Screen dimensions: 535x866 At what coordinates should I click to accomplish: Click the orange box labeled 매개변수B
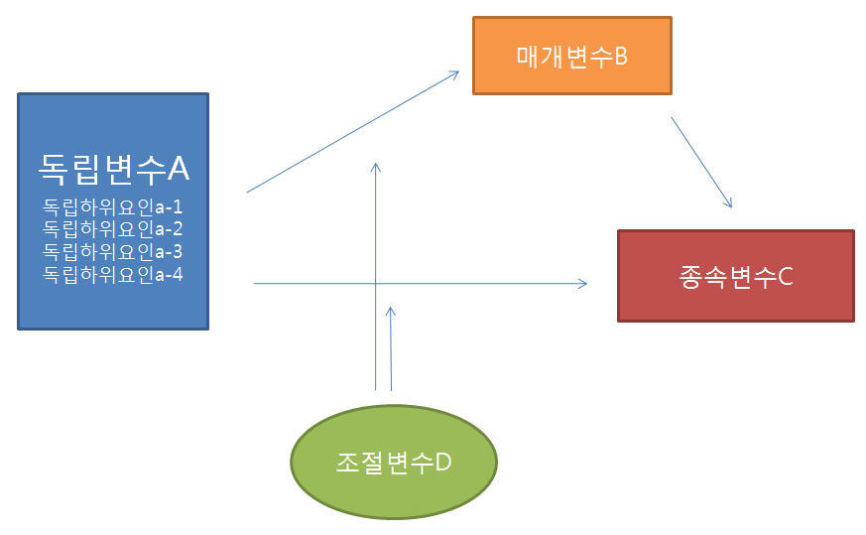point(572,56)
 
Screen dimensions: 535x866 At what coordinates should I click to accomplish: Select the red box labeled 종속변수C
point(735,276)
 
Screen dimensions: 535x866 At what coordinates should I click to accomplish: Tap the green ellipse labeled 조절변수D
point(393,463)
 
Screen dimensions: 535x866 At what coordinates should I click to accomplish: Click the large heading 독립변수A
point(113,169)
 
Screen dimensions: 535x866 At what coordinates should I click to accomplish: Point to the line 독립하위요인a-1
point(113,208)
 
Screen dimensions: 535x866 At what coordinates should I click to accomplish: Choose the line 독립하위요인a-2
point(113,230)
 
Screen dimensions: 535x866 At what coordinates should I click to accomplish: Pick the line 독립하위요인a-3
point(113,252)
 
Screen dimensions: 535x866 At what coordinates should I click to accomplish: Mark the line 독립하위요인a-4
point(113,274)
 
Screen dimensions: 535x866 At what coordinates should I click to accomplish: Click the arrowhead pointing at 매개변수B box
point(456,71)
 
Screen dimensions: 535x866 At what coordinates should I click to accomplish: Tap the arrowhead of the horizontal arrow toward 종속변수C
point(584,284)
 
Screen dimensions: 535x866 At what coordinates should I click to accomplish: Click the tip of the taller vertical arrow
point(376,164)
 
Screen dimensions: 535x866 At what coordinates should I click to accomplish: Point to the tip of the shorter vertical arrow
point(391,309)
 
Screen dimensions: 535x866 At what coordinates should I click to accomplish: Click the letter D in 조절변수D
point(444,463)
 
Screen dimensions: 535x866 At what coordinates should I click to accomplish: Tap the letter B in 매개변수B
point(621,56)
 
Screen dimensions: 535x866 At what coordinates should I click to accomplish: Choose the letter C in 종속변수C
point(785,276)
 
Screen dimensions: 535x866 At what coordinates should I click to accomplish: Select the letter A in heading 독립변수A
point(178,169)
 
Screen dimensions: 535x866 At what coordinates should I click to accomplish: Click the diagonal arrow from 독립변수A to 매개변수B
point(352,131)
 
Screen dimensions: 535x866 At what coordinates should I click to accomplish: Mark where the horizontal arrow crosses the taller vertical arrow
point(376,284)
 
